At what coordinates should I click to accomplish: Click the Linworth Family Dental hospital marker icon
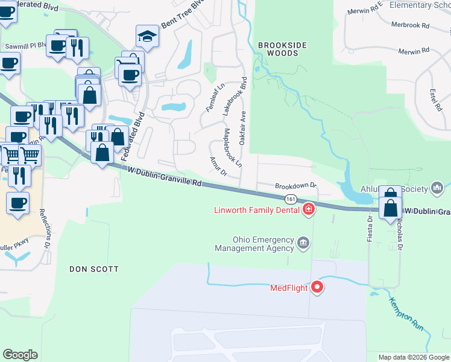[x=309, y=209]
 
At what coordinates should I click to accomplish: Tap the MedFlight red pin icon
[x=317, y=287]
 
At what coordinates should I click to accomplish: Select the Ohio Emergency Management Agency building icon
[x=303, y=244]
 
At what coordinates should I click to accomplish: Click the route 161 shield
[x=291, y=198]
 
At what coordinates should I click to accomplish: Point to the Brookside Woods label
[x=279, y=49]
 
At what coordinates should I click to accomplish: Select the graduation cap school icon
[x=147, y=36]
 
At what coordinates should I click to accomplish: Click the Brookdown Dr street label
[x=296, y=186]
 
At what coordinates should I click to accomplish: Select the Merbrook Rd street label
[x=409, y=26]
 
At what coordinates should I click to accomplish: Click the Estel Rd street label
[x=434, y=100]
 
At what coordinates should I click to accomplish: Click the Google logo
[x=20, y=355]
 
